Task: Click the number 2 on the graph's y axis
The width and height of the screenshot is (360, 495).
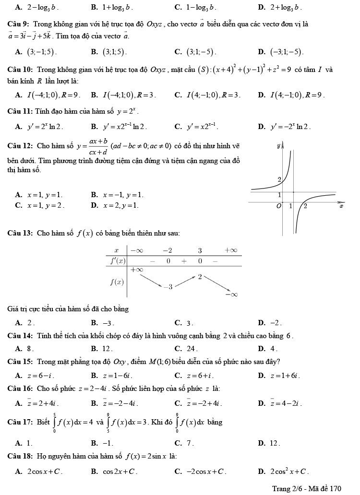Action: tap(280, 179)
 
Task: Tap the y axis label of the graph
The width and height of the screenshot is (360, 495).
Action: tap(279, 144)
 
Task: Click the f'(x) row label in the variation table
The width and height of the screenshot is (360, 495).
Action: tap(118, 261)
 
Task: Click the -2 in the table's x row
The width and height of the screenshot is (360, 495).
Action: tap(167, 250)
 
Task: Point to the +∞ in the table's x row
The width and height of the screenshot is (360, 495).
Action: tap(232, 250)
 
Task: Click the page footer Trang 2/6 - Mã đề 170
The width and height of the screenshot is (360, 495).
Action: tap(306, 488)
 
